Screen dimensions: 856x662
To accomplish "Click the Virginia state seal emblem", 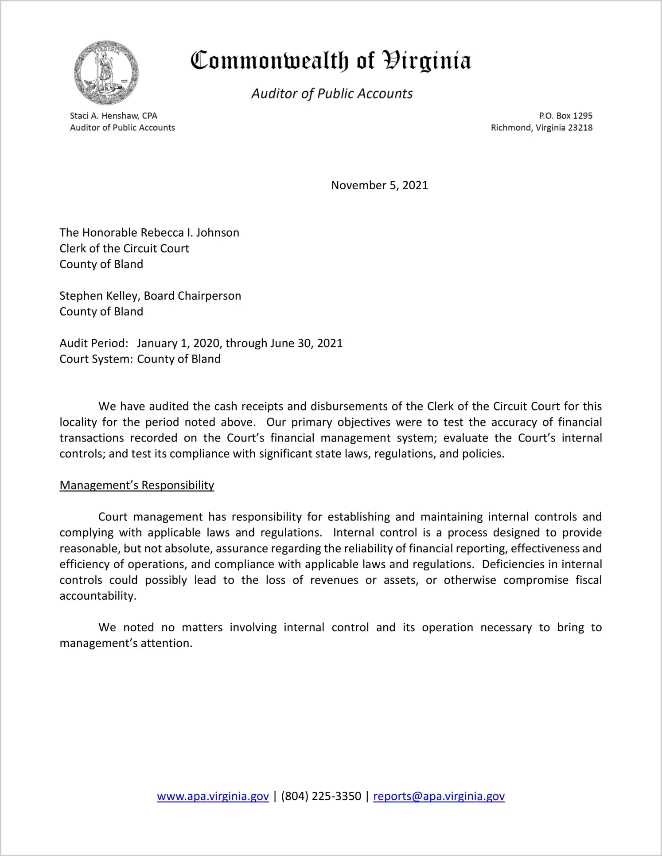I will pyautogui.click(x=106, y=72).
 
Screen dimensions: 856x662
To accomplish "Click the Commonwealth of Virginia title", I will pyautogui.click(x=331, y=61).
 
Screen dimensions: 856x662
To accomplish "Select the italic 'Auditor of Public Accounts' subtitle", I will pyautogui.click(x=332, y=94).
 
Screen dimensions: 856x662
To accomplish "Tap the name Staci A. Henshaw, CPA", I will pyautogui.click(x=113, y=116).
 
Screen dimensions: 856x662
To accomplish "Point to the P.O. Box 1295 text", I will pyautogui.click(x=565, y=116).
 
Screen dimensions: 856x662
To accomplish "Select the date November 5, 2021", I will pyautogui.click(x=379, y=185).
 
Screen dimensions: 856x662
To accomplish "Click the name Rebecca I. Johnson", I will pyautogui.click(x=190, y=233).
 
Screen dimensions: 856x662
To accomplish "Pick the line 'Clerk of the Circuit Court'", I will pyautogui.click(x=125, y=248).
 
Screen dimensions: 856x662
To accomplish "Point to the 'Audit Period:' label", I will pyautogui.click(x=94, y=343).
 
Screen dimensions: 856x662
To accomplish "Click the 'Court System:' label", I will pyautogui.click(x=96, y=359).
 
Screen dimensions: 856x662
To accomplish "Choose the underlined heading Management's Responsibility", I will pyautogui.click(x=137, y=485).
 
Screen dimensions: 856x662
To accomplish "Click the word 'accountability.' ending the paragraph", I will pyautogui.click(x=98, y=596).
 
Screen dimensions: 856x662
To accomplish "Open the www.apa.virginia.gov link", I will pyautogui.click(x=213, y=796).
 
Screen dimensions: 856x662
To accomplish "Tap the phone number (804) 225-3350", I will pyautogui.click(x=321, y=796).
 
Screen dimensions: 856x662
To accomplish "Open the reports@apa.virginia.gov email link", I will pyautogui.click(x=439, y=796).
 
